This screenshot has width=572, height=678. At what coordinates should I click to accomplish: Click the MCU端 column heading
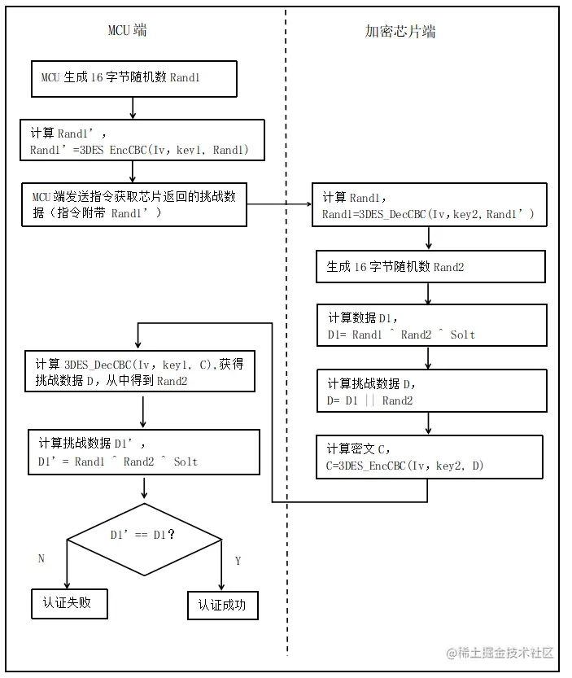pyautogui.click(x=128, y=31)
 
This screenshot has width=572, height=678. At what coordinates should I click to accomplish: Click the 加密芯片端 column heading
pyautogui.click(x=400, y=32)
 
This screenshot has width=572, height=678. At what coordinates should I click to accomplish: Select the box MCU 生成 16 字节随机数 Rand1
pyautogui.click(x=133, y=78)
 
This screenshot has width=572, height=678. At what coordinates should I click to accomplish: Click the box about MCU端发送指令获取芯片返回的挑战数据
pyautogui.click(x=134, y=203)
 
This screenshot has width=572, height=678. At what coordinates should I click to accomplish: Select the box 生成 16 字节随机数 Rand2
pyautogui.click(x=430, y=266)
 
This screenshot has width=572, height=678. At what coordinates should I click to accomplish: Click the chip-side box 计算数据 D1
pyautogui.click(x=432, y=325)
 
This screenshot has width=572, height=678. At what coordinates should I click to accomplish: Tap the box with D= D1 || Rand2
pyautogui.click(x=432, y=391)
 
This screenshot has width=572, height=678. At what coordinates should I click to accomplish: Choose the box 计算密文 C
pyautogui.click(x=429, y=457)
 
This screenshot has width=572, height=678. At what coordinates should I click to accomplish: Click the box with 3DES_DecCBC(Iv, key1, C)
pyautogui.click(x=142, y=372)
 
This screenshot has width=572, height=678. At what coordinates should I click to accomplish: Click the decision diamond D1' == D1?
pyautogui.click(x=144, y=535)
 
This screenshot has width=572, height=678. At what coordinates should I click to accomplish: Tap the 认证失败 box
pyautogui.click(x=69, y=605)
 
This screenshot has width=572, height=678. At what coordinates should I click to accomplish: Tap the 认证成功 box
pyautogui.click(x=222, y=606)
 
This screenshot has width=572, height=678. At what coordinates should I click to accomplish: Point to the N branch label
pyautogui.click(x=41, y=558)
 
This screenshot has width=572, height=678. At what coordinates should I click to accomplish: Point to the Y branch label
pyautogui.click(x=238, y=561)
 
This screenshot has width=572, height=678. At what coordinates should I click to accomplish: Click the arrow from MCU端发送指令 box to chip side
pyautogui.click(x=277, y=204)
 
